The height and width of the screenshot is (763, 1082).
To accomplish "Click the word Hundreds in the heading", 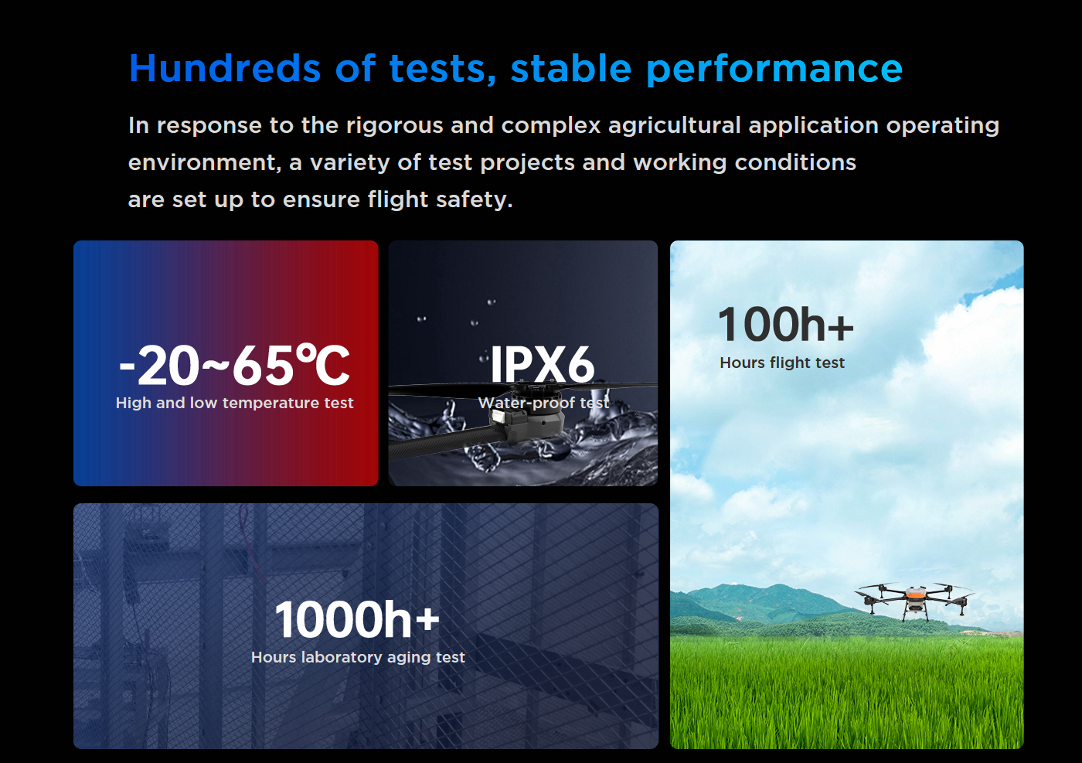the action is click(225, 68).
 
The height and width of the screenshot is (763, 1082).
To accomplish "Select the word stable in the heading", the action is click(571, 68).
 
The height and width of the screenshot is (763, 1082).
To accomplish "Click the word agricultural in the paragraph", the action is click(674, 126).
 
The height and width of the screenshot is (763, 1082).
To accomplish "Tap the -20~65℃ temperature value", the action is click(233, 366).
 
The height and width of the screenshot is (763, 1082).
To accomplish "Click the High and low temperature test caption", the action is click(234, 403).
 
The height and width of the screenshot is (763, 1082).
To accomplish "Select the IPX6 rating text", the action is click(542, 365).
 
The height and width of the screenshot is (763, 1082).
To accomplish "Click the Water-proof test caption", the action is click(543, 403).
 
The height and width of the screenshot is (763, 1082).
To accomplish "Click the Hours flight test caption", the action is click(782, 363).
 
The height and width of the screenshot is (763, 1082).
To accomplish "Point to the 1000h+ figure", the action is click(357, 619).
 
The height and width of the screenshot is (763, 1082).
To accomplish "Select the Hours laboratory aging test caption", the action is click(358, 657).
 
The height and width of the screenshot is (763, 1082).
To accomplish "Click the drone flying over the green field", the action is click(914, 600).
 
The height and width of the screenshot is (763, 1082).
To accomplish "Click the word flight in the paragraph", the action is click(397, 199).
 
